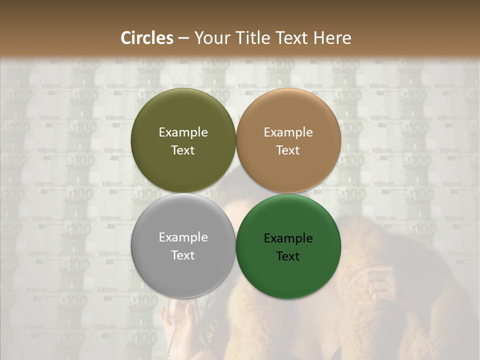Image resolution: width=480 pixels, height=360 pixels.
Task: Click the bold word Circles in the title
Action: pos(147,38)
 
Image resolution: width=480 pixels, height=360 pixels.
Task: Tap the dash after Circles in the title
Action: pos(183,38)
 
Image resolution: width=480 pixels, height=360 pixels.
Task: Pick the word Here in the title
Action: pos(332,38)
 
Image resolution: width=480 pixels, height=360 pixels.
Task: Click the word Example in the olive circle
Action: pos(183,132)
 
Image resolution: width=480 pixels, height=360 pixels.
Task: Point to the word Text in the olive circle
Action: pos(183,150)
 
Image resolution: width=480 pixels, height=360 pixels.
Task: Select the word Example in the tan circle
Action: pos(288,132)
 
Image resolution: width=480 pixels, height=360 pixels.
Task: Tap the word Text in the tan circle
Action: pos(288,150)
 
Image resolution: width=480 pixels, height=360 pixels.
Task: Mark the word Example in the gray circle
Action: pos(183,237)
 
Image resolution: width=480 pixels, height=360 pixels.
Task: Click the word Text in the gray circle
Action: pos(183,255)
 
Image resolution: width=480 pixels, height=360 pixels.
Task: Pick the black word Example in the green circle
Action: pos(288,238)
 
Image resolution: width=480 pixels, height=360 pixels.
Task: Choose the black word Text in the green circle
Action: pos(288,256)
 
